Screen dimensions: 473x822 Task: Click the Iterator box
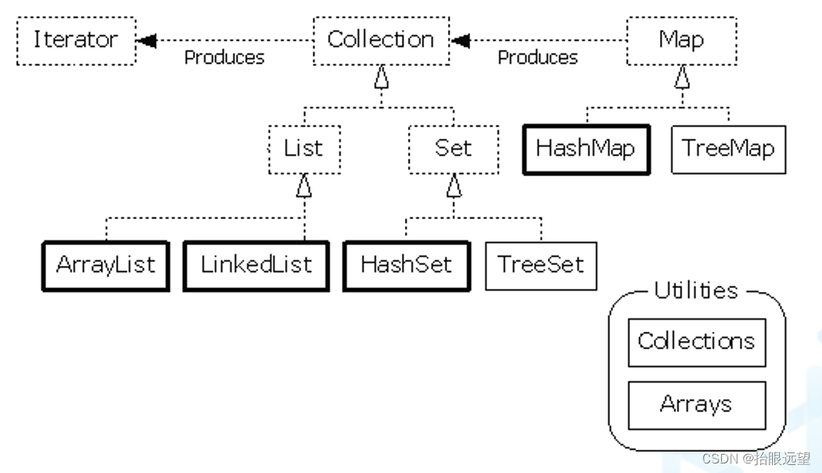(75, 40)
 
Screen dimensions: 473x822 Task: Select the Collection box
(380, 40)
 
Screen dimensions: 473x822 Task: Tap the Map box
(681, 40)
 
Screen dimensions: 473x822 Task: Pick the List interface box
(303, 148)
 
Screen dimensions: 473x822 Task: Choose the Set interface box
(453, 148)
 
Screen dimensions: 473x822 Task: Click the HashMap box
(585, 148)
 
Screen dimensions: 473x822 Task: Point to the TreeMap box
(727, 148)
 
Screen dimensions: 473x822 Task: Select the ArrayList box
(105, 265)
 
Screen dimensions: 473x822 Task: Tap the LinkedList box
(256, 265)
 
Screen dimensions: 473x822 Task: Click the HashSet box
(406, 265)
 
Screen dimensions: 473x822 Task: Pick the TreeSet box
(540, 265)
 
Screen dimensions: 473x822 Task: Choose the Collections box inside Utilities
(697, 342)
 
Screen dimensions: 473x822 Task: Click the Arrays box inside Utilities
(697, 405)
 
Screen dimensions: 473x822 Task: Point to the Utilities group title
(696, 291)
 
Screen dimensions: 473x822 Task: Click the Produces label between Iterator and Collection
(224, 58)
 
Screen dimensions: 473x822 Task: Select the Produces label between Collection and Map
(538, 58)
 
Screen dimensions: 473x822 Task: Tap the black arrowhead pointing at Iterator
(146, 40)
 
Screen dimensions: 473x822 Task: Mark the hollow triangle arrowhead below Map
(681, 77)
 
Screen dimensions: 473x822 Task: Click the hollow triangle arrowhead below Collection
(381, 77)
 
